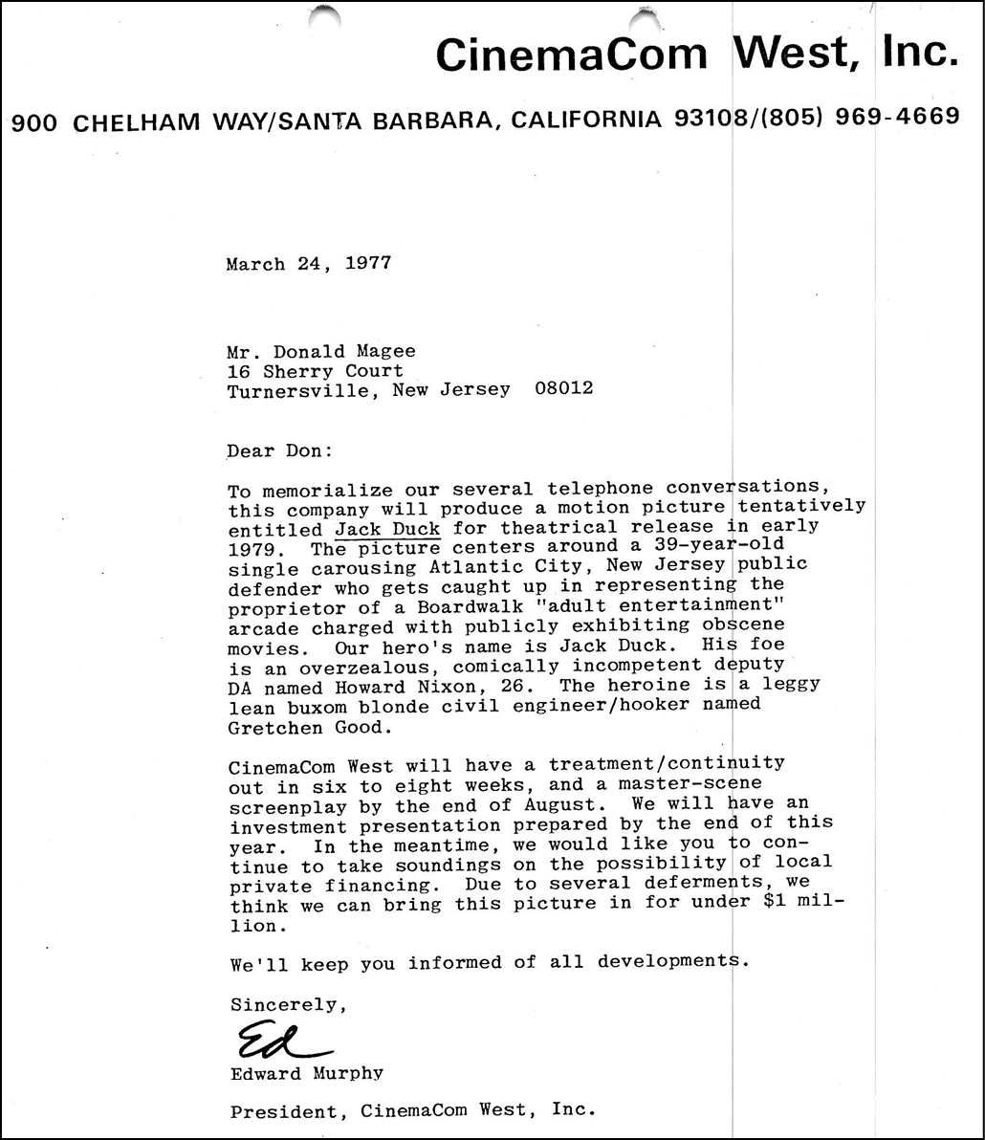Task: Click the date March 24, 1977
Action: coord(309,264)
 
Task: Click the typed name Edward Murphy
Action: coord(307,1073)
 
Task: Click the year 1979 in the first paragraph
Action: coord(250,548)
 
